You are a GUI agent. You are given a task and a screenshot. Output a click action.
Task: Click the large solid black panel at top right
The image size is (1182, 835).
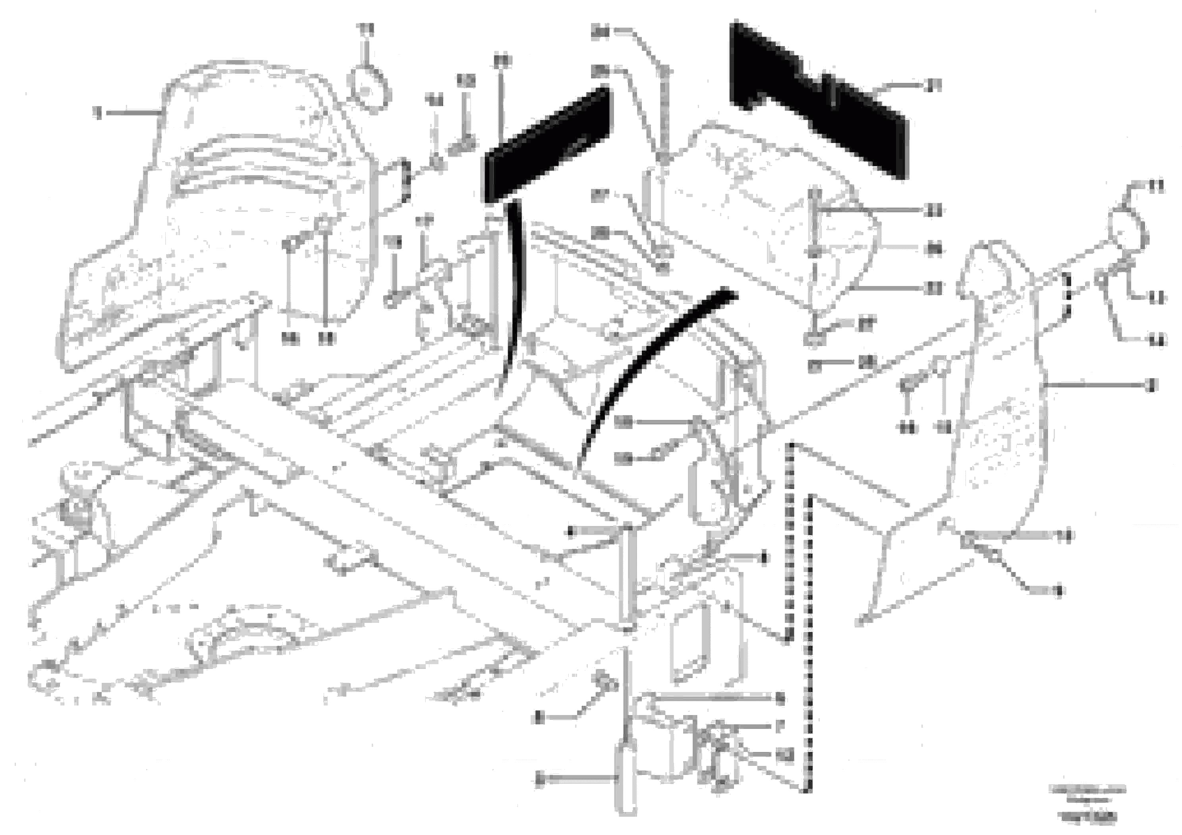(819, 98)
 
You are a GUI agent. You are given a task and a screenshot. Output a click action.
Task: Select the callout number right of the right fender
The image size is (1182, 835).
(1152, 385)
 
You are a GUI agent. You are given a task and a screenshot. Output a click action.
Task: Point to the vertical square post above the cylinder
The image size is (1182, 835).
(630, 576)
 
